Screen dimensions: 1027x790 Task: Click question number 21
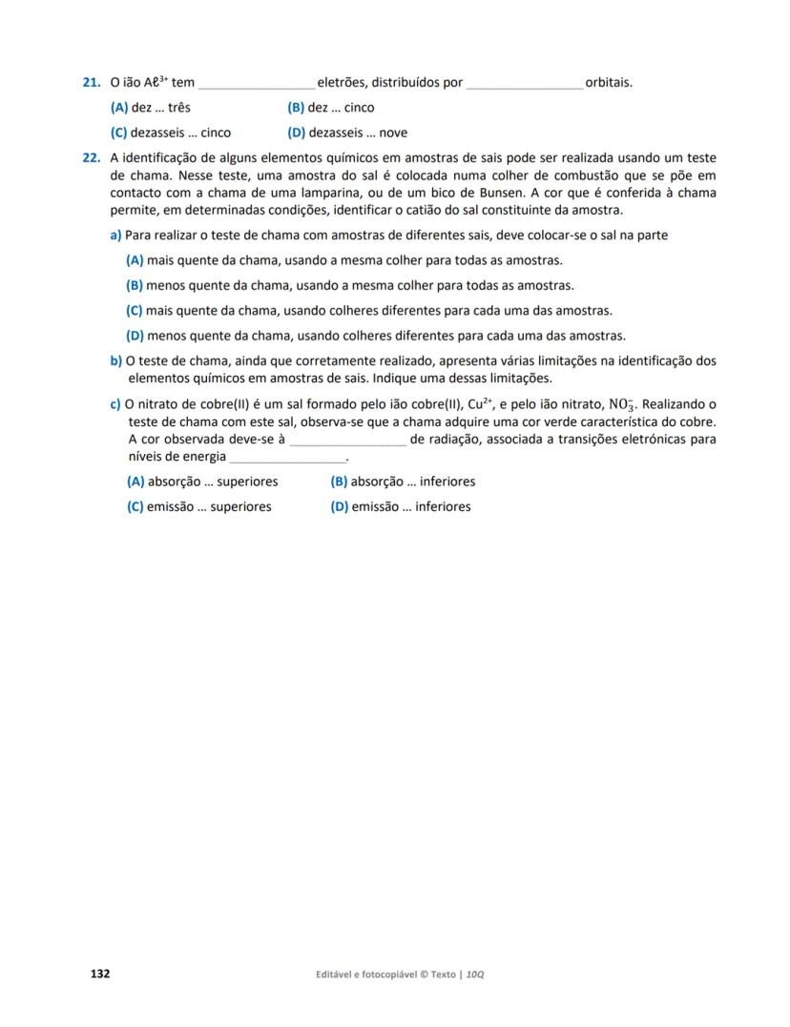[x=93, y=83]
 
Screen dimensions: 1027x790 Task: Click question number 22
[x=93, y=158]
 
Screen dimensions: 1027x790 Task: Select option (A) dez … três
[x=151, y=108]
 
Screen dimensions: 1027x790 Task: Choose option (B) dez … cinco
[x=330, y=108]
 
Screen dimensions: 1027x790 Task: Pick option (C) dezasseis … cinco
[x=171, y=134]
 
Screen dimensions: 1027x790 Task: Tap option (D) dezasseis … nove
[x=347, y=134]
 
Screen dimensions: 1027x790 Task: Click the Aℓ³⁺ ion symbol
[x=156, y=83]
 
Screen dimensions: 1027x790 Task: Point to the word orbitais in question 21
[x=609, y=83]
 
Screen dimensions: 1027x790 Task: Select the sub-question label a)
[x=116, y=236]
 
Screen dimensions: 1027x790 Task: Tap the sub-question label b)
[x=116, y=360]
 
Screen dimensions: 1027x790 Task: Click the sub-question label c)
[x=116, y=404]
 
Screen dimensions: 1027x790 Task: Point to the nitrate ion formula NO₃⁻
[x=623, y=405]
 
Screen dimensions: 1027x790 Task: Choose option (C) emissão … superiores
[x=198, y=507]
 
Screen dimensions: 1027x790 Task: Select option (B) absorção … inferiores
[x=403, y=483]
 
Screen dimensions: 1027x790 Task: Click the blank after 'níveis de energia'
[x=287, y=458]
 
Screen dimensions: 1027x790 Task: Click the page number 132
[x=100, y=974]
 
